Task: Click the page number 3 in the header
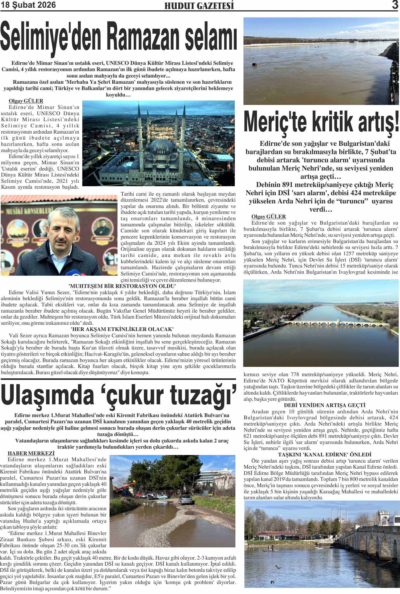pos(395,5)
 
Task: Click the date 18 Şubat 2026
pos(28,5)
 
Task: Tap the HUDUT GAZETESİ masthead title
pos(199,6)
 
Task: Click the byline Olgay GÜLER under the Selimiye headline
pos(26,101)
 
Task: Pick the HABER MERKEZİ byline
pos(31,453)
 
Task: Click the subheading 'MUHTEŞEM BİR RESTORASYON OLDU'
pos(122,286)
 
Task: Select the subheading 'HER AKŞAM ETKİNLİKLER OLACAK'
pos(122,329)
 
